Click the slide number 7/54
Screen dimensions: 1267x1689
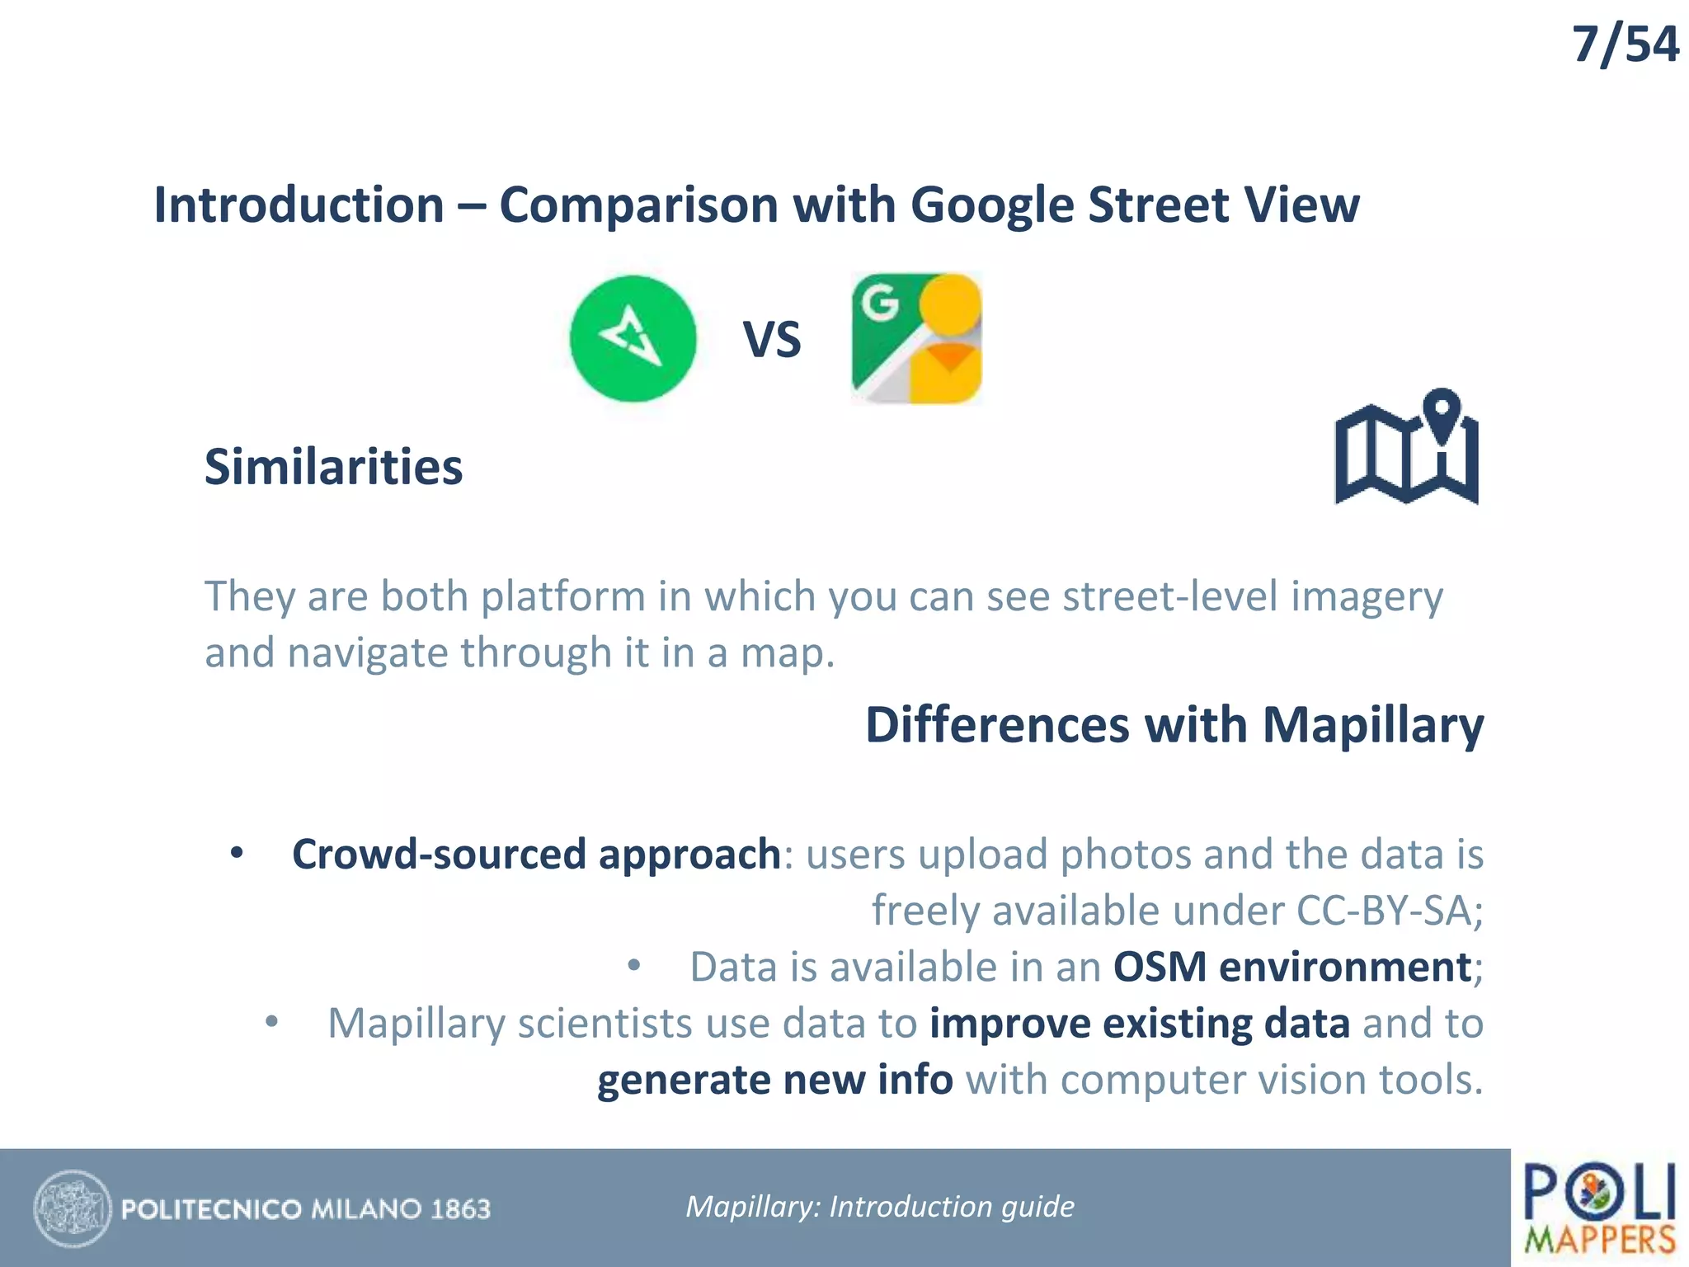[x=1625, y=45]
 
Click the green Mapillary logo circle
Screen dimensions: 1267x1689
[x=633, y=338]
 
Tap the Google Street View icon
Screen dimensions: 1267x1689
[x=916, y=338]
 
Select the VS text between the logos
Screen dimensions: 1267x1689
[x=772, y=340]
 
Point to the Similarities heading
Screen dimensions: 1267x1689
[x=333, y=467]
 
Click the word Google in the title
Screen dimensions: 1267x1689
[x=992, y=205]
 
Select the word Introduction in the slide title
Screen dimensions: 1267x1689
[x=299, y=205]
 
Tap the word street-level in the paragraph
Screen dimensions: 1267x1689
[x=1170, y=596]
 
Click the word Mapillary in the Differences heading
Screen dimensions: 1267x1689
[x=1372, y=725]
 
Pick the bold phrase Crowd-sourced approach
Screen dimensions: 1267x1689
[x=536, y=854]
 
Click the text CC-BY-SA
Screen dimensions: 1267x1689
[x=1384, y=911]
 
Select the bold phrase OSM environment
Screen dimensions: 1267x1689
[x=1291, y=967]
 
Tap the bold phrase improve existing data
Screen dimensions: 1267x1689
[x=1139, y=1024]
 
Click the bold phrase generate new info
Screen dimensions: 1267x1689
[x=774, y=1080]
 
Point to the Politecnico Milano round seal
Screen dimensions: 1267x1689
[x=73, y=1208]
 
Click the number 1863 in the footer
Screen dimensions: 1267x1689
[x=460, y=1209]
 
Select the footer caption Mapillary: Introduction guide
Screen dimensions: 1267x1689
[x=880, y=1207]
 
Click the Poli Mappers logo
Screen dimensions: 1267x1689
[x=1599, y=1208]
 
